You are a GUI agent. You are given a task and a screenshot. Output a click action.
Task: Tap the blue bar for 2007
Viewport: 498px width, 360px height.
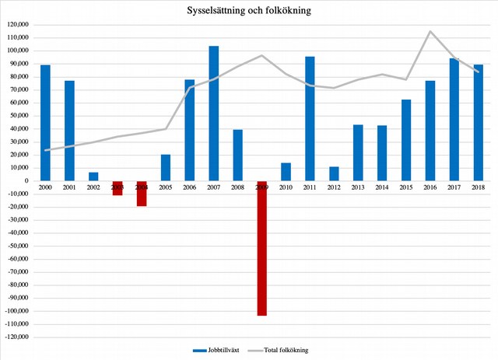(213, 113)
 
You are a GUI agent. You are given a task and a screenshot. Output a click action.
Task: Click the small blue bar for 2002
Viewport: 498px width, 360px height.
(93, 177)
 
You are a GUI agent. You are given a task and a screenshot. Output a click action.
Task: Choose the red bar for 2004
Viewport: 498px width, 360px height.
(142, 194)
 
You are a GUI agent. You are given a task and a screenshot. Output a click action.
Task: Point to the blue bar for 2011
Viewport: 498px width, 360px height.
(310, 118)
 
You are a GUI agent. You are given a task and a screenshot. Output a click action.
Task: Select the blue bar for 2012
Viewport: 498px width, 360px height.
(334, 173)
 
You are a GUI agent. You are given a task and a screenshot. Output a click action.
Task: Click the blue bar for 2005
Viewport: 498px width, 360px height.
(165, 167)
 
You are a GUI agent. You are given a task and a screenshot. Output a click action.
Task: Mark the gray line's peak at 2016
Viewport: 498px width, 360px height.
(430, 31)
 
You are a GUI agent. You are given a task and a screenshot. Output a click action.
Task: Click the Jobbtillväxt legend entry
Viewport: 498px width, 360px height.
(218, 350)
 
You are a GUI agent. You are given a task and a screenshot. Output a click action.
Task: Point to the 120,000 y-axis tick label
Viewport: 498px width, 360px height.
(17, 24)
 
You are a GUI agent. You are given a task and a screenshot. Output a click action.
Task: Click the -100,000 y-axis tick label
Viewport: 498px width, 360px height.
(16, 311)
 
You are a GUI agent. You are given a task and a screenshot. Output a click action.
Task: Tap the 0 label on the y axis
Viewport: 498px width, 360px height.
(27, 180)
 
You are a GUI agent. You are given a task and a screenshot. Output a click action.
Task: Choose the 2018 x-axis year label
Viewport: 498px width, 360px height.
(479, 187)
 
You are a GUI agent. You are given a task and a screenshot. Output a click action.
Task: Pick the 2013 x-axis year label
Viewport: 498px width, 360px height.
(358, 187)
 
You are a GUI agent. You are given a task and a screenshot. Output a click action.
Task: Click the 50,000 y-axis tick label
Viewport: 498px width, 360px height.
(18, 115)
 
